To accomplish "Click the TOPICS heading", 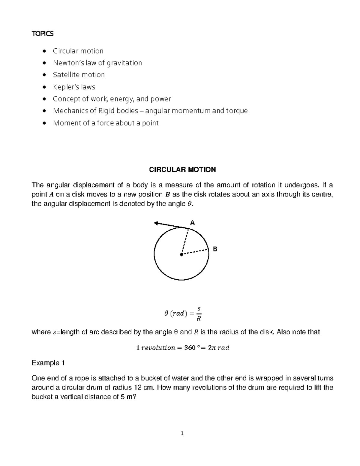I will (43, 34).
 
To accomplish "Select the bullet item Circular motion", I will (78, 51).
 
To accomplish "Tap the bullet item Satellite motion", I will (79, 75).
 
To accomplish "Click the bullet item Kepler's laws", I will (74, 87).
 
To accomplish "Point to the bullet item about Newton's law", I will (97, 63).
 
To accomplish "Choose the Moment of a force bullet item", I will (106, 123).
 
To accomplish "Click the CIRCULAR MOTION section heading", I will (182, 170).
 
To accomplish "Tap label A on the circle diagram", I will (193, 223).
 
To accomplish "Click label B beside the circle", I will (215, 249).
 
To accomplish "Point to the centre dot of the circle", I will (181, 254).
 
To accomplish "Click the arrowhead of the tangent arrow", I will (156, 223).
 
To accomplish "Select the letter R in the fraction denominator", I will (198, 319).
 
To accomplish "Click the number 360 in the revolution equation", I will (188, 348).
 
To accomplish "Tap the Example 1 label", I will (48, 363).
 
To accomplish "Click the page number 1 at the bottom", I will (182, 433).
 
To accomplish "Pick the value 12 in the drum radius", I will (137, 387).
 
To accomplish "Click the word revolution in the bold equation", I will (158, 348).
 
